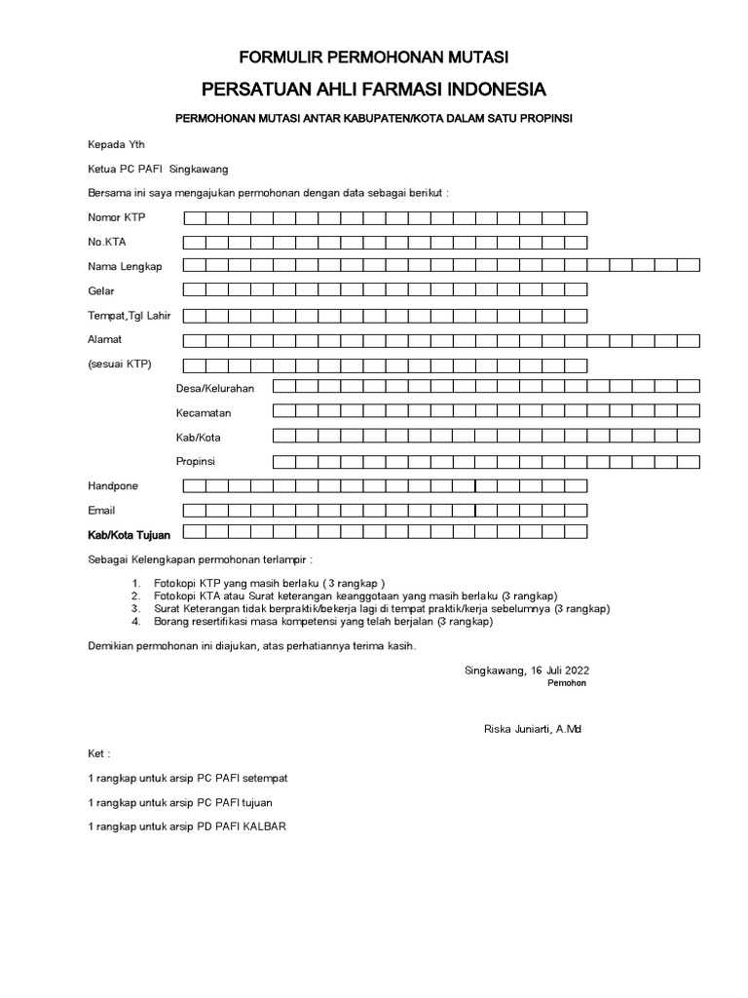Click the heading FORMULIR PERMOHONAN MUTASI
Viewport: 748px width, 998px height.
point(374,58)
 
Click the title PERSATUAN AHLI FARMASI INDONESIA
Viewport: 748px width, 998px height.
point(374,90)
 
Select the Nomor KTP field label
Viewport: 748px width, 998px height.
point(118,217)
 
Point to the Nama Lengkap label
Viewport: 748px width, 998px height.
point(125,266)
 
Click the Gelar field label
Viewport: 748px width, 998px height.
point(101,290)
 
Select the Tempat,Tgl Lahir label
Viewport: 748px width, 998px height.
point(129,315)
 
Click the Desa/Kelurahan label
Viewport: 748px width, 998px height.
point(215,388)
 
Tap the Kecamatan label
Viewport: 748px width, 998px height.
point(204,413)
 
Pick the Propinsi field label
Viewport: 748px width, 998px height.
point(196,461)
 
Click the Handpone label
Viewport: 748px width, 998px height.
point(113,485)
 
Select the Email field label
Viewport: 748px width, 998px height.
point(101,510)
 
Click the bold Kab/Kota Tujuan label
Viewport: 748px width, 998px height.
point(130,535)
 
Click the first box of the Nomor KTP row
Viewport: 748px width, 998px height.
point(194,217)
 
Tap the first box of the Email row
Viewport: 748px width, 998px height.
point(194,509)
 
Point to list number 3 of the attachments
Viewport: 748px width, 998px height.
point(136,608)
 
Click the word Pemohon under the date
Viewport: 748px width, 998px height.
point(567,683)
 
